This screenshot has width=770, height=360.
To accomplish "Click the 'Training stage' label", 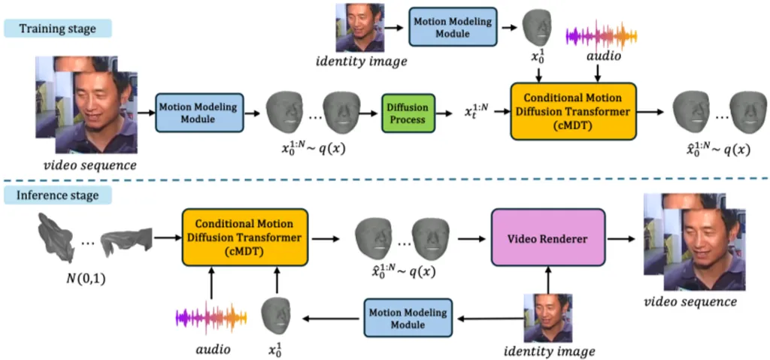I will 58,29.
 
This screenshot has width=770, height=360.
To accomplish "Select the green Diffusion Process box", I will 408,112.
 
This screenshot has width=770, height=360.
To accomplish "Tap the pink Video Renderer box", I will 548,238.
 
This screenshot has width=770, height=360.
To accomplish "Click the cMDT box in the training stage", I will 572,112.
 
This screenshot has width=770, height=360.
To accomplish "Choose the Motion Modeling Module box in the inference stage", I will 407,318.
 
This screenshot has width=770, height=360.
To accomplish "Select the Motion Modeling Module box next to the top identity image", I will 451,26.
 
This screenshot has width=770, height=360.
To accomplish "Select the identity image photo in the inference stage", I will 547,318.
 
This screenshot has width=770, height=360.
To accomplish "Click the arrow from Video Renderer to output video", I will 621,238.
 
